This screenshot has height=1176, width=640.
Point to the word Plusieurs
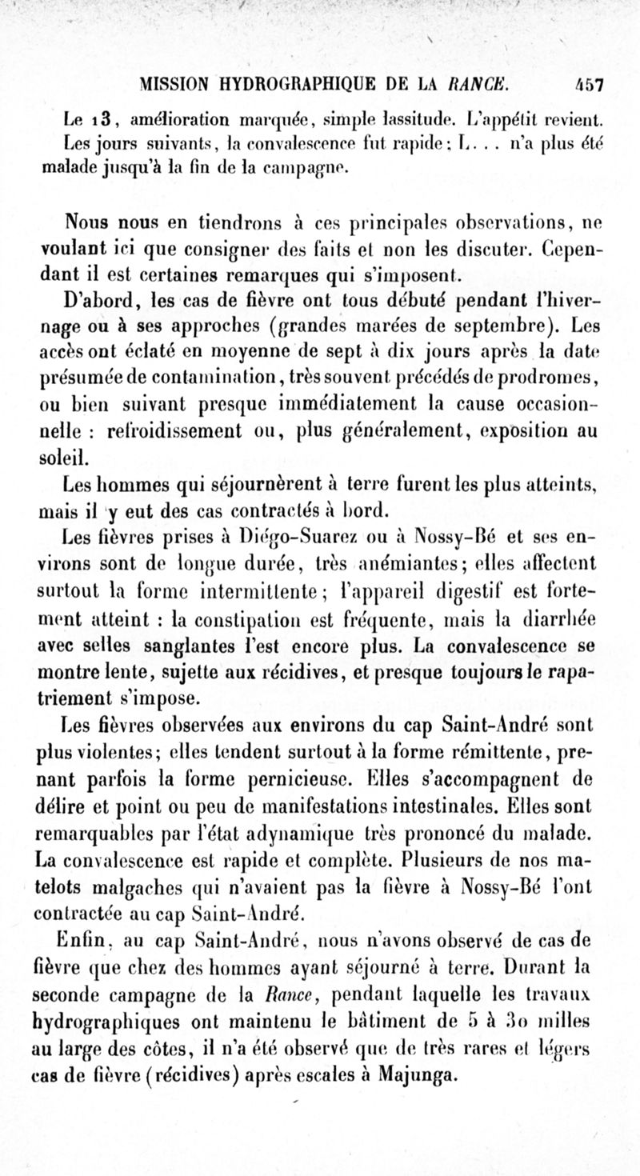(x=434, y=862)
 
